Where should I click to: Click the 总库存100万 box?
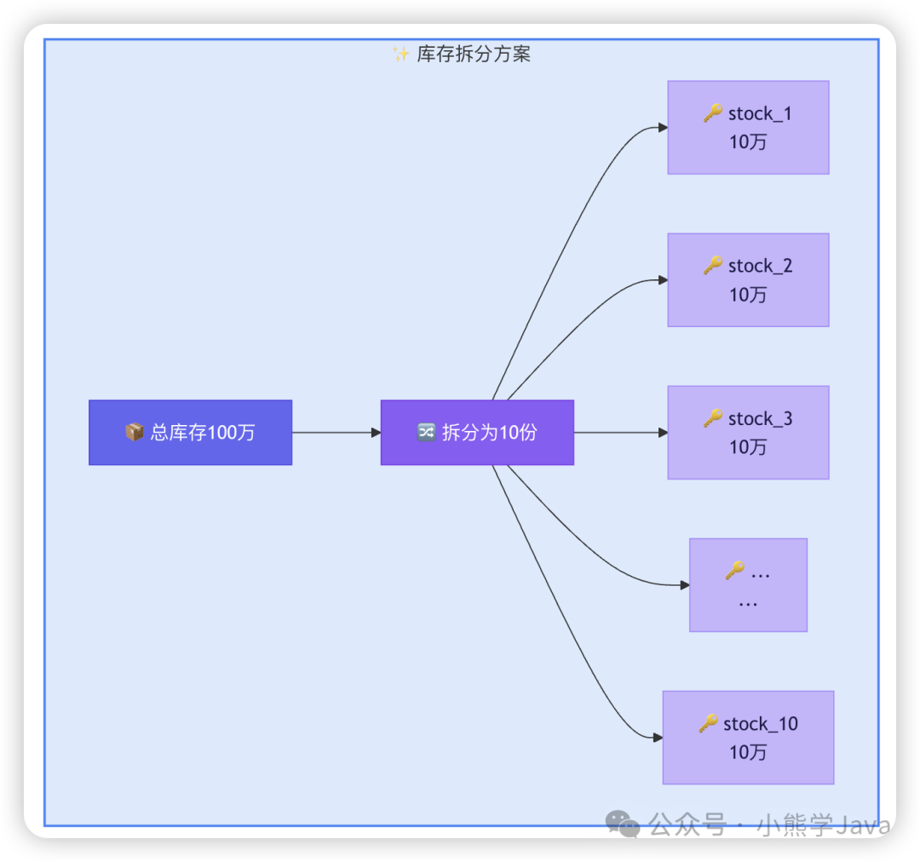(190, 433)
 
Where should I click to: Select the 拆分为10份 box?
(477, 433)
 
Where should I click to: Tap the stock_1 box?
(748, 128)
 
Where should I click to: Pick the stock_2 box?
(748, 280)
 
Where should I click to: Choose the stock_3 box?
(748, 433)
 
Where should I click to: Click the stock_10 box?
(748, 738)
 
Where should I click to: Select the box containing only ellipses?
(748, 585)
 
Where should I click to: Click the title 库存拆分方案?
(474, 55)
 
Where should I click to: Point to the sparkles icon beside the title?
(401, 55)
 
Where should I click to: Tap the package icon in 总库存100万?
(134, 433)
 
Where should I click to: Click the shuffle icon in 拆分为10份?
(426, 433)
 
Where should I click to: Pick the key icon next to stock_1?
(713, 113)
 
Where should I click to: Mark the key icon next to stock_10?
(709, 724)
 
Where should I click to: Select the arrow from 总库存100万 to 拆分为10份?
(336, 433)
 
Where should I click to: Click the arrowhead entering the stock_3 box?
(663, 433)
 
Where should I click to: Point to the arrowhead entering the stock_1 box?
(663, 128)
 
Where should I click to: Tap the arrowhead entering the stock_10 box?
(658, 738)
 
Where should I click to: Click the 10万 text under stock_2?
(748, 295)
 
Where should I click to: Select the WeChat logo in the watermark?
(623, 824)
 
